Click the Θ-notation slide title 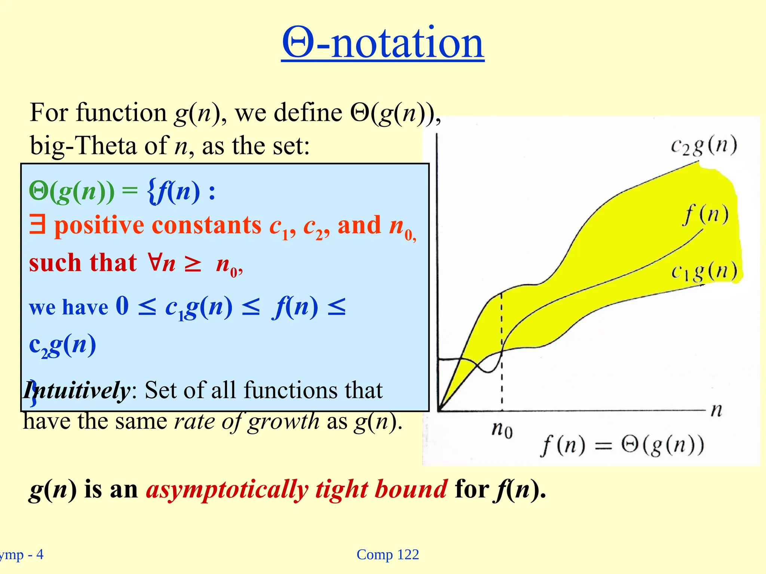[383, 43]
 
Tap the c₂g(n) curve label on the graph [704, 146]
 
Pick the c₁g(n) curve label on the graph [704, 272]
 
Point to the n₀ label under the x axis [502, 430]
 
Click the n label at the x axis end [716, 410]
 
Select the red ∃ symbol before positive [37, 225]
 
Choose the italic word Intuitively [77, 391]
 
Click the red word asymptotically [227, 489]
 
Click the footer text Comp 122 [387, 555]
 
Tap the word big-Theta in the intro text [83, 145]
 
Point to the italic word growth [283, 422]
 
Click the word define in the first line [307, 112]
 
